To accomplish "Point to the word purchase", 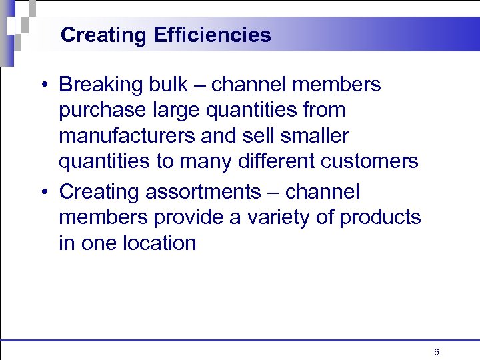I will tap(99, 111).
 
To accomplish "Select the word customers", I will tap(367, 161).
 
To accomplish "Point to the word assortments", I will tap(205, 193).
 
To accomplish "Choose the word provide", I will tap(180, 218).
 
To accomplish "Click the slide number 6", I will tap(436, 352).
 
